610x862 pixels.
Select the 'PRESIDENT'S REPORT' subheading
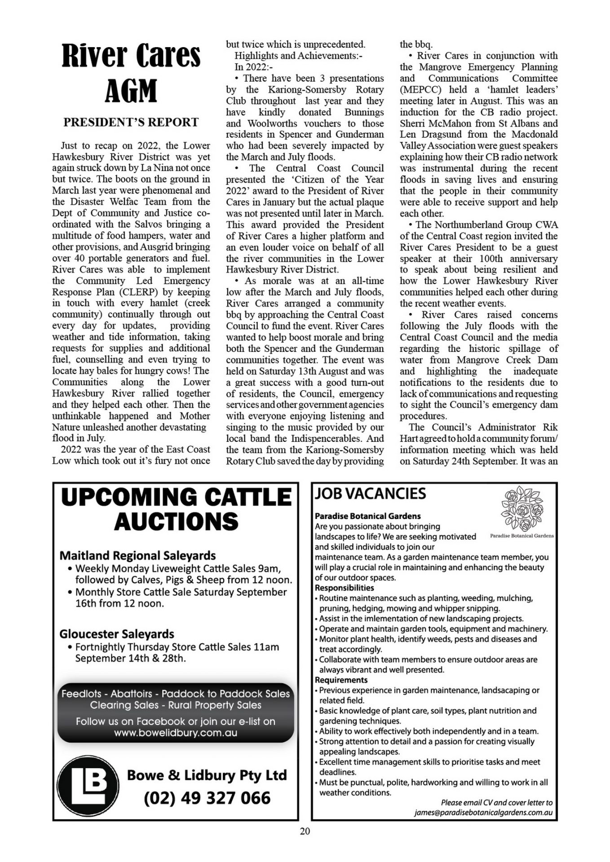click(x=131, y=122)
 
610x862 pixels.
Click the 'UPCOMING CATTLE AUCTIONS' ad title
click(x=176, y=509)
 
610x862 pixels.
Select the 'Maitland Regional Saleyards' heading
click(x=137, y=555)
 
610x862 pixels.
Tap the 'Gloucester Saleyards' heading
click(x=116, y=634)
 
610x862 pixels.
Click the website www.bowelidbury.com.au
click(x=176, y=733)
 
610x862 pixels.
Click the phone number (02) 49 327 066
click(x=207, y=798)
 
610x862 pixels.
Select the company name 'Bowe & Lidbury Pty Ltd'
click(x=207, y=775)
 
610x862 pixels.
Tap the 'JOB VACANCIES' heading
click(x=370, y=494)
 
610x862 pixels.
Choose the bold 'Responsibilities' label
click(x=344, y=588)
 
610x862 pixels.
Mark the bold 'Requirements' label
click(x=341, y=680)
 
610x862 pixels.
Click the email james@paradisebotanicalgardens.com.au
click(x=483, y=813)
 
